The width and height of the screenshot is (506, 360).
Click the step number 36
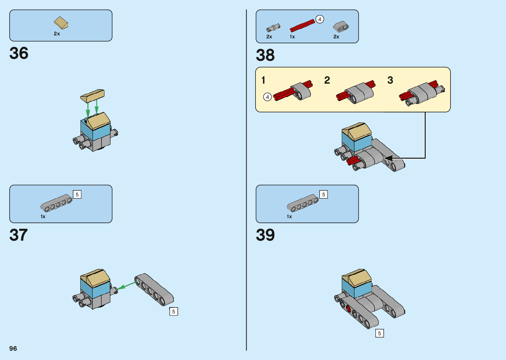tap(19, 53)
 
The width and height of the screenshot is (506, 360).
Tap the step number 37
tap(19, 235)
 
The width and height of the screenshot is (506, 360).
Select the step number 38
tap(265, 55)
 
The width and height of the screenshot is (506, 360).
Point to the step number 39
tap(265, 235)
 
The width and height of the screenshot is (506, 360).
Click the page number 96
tap(13, 348)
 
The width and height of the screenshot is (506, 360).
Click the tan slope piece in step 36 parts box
tap(61, 23)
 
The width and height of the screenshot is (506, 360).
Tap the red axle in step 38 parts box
tap(302, 25)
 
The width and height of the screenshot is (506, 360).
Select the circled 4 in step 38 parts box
tap(320, 19)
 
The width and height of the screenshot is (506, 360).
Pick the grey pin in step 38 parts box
tap(273, 28)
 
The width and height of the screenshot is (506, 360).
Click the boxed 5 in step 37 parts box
tap(77, 194)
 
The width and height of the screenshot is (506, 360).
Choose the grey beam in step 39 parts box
tap(303, 203)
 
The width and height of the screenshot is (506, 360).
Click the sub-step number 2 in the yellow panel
tap(327, 80)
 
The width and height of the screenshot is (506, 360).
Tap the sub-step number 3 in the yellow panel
tap(390, 80)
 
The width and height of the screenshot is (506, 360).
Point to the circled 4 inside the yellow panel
tap(267, 97)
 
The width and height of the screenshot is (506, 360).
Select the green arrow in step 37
tap(126, 285)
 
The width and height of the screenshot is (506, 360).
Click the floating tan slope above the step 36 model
tap(93, 96)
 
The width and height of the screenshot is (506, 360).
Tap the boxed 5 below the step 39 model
tap(379, 333)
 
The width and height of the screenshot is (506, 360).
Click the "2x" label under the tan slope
tap(57, 34)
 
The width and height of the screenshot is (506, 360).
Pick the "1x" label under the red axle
tap(292, 37)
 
